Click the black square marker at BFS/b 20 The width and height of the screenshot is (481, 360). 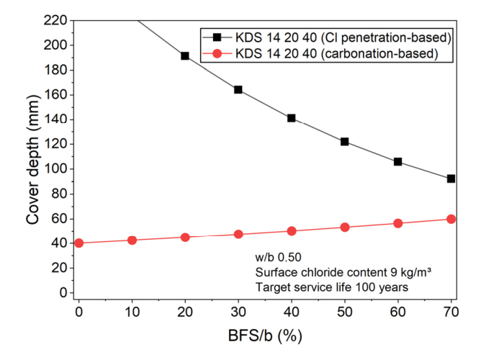point(185,56)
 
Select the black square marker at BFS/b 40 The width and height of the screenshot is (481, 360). point(292,118)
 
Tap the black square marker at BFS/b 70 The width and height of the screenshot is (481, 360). point(451,179)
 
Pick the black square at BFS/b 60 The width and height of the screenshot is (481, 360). point(398,161)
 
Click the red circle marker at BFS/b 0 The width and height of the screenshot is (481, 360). point(78,243)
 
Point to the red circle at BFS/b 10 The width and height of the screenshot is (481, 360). point(132,240)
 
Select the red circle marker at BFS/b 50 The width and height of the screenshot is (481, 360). point(345,228)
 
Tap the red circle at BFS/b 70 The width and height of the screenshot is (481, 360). point(451,219)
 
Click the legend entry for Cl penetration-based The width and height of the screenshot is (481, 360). point(327,37)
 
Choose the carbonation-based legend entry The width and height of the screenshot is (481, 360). point(320,54)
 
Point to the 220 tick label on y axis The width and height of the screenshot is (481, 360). point(55,21)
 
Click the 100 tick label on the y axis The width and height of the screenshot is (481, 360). point(55,169)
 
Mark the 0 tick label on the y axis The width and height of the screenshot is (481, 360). point(63,292)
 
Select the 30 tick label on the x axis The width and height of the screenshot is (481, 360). point(238,312)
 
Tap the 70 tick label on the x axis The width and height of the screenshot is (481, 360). point(451,312)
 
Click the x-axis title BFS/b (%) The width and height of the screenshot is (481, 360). point(265,336)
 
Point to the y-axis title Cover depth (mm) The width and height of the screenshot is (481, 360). point(33,159)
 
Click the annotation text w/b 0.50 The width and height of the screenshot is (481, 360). point(278,257)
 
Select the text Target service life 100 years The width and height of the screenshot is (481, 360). point(332,287)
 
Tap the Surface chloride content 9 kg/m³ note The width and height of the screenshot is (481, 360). point(343,272)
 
